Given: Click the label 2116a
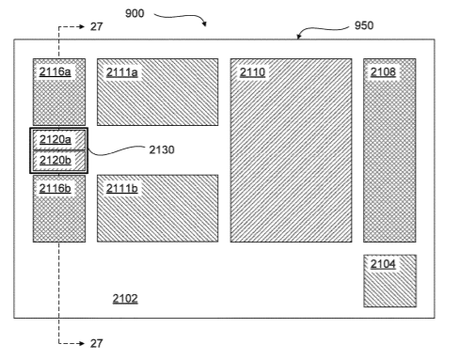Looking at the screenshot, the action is click(x=55, y=72).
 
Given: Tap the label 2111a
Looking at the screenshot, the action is click(x=122, y=72).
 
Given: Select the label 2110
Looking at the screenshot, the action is click(x=252, y=72).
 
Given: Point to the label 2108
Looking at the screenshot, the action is click(x=383, y=72).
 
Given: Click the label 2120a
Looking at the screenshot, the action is click(x=55, y=139).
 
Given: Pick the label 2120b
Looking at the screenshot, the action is click(x=55, y=160).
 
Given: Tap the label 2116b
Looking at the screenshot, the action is click(x=55, y=188).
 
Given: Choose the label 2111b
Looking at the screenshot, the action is click(x=122, y=188).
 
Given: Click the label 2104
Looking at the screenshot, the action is click(x=383, y=264).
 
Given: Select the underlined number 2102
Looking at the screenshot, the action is click(x=125, y=299).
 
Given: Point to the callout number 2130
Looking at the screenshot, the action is click(x=162, y=149).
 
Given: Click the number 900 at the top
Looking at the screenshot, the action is click(x=135, y=13).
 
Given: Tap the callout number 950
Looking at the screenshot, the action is click(x=364, y=25).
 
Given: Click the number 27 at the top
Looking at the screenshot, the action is click(x=96, y=26).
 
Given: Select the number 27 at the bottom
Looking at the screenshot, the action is click(x=96, y=343).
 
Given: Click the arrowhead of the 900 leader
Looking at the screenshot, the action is click(x=205, y=23).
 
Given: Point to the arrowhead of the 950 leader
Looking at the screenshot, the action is click(x=299, y=36).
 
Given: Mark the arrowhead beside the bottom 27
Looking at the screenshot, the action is click(x=82, y=343).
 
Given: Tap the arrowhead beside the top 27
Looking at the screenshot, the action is click(x=82, y=26).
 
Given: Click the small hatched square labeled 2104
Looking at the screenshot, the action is click(x=390, y=281).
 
